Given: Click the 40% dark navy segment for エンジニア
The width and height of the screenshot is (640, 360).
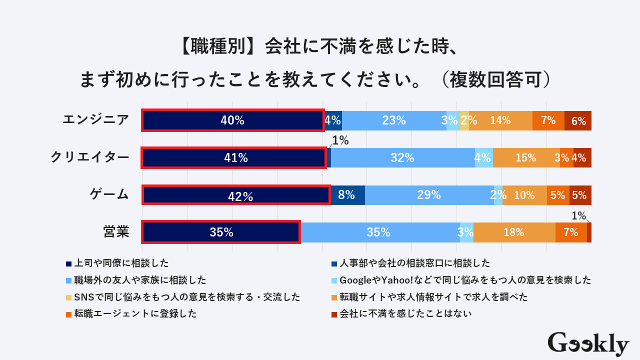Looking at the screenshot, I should (233, 120).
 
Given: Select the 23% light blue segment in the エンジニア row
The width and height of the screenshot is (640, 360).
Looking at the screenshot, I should (394, 120).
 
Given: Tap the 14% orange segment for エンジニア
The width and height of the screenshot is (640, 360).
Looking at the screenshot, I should (500, 120).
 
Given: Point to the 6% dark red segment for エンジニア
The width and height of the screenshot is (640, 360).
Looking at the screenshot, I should (578, 120).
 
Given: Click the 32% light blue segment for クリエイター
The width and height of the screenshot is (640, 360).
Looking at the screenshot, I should (402, 158).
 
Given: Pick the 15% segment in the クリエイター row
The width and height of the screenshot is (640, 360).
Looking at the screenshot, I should (525, 158).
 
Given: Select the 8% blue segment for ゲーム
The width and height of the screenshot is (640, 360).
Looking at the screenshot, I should (347, 195).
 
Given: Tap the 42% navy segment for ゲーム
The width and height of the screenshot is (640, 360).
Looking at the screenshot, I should (236, 195).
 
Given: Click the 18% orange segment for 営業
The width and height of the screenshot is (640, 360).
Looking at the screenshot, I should (514, 232).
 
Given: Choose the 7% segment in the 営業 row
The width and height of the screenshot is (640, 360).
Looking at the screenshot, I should (571, 232).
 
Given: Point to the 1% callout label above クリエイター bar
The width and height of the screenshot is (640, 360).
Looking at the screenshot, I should (340, 141).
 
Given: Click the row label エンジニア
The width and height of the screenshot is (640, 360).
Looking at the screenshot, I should (95, 120).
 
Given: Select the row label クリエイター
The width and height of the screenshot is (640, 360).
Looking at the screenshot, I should (90, 157).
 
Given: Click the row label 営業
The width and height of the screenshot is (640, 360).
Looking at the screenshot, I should (116, 232).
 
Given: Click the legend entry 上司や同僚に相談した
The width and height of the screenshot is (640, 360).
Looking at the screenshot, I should (120, 263).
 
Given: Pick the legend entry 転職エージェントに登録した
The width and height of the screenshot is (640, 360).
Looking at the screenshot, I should (135, 313).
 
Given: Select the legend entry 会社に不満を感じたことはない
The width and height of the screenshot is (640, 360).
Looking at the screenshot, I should (405, 313).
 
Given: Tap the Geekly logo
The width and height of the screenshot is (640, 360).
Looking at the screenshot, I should (588, 344).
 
